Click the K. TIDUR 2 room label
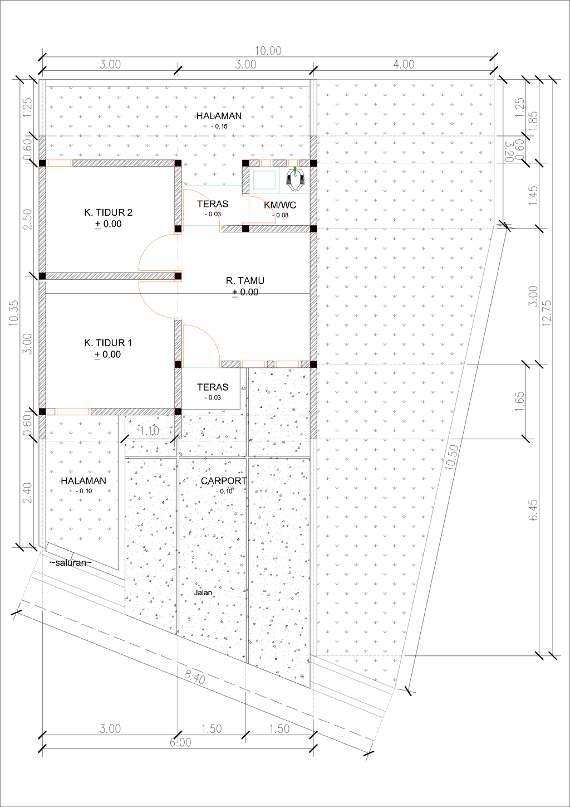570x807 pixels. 109,212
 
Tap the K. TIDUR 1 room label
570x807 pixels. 108,343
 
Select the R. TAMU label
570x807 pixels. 245,280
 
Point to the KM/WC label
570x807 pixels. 280,205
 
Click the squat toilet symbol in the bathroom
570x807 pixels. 296,178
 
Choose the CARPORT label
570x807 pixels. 224,480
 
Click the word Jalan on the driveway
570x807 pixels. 203,592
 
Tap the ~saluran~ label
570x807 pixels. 71,562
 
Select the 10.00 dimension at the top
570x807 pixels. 268,51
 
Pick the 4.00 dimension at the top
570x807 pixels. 404,65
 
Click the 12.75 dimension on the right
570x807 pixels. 547,313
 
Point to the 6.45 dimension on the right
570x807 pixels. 533,509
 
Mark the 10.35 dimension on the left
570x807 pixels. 14,313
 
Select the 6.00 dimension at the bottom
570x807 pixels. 180,742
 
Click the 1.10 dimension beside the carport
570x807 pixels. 149,431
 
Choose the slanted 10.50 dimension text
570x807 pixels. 453,457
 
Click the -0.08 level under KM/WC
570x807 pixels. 281,215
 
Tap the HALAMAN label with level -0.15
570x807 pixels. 219,116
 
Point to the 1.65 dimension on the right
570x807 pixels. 519,401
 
